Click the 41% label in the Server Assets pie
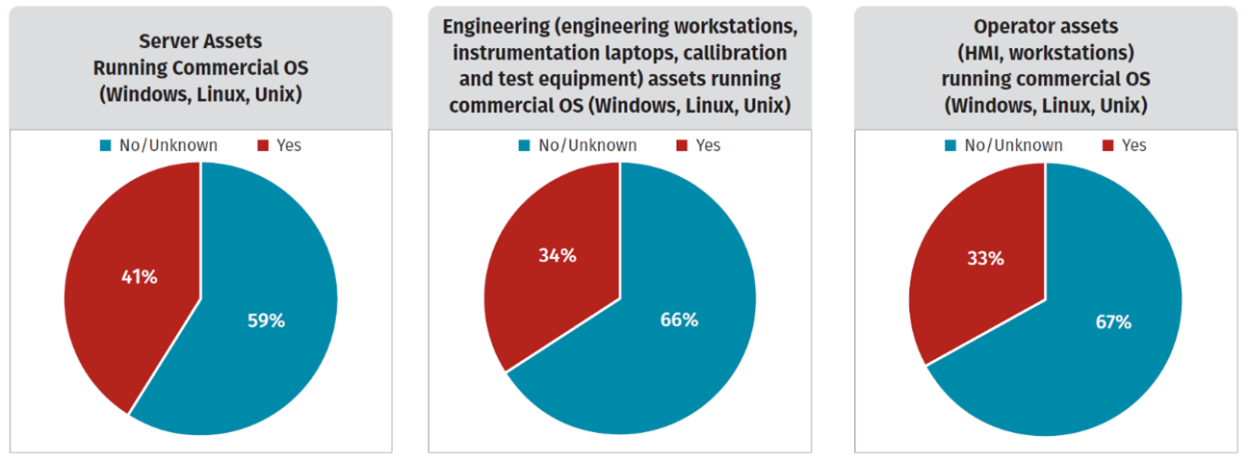tap(140, 277)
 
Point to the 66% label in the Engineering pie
tap(678, 320)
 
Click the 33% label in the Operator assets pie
tap(984, 258)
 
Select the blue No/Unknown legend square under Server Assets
tap(105, 146)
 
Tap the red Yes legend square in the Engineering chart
tap(682, 146)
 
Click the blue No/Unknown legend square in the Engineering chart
tap(525, 146)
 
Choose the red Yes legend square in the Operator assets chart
tap(1107, 146)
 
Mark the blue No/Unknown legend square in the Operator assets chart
tap(950, 146)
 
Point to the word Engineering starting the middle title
tap(492, 26)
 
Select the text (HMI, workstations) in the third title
tap(1046, 52)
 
